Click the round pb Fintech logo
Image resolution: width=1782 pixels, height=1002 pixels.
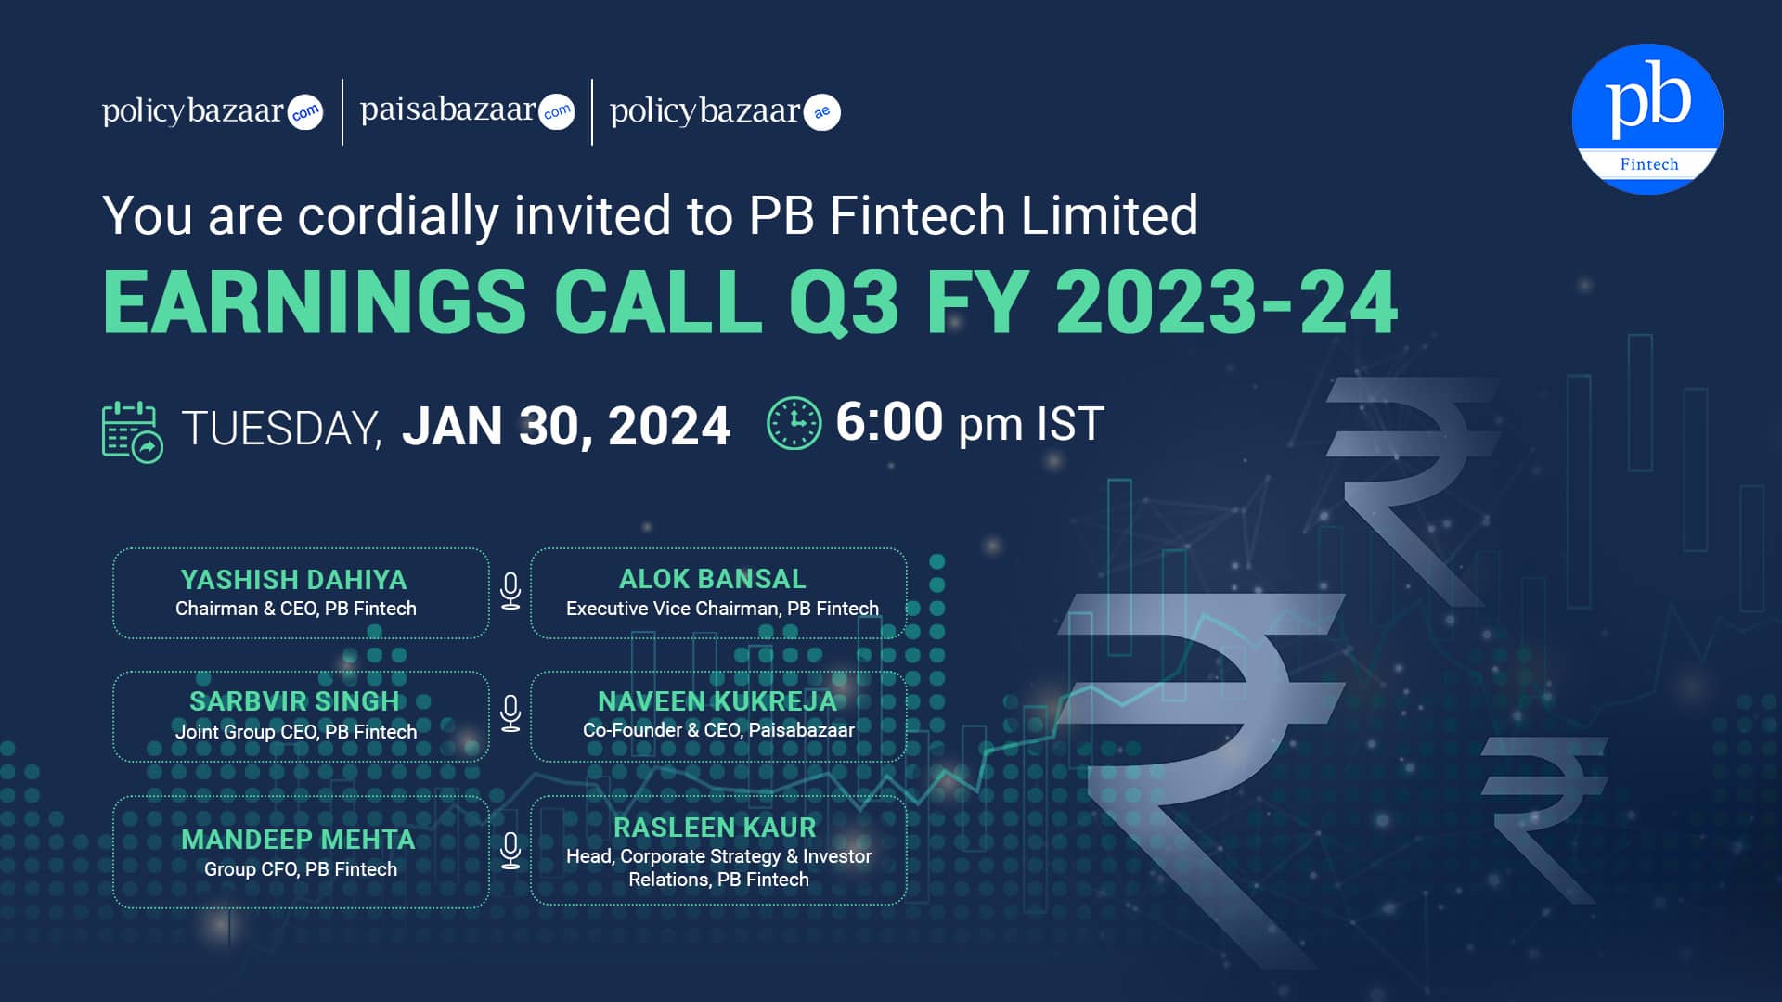point(1647,119)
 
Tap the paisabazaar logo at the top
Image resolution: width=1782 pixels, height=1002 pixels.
point(467,111)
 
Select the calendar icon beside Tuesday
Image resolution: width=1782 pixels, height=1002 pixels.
point(132,431)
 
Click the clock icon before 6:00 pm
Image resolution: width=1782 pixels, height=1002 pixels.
point(794,424)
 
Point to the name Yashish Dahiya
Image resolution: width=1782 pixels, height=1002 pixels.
point(294,580)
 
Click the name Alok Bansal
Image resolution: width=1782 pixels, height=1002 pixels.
point(713,579)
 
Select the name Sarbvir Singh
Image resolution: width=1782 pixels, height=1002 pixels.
point(294,701)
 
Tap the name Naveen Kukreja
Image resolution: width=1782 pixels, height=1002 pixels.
point(717,701)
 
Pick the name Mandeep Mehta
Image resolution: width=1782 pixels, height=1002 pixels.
point(298,840)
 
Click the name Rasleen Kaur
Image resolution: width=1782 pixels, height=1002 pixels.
point(715,828)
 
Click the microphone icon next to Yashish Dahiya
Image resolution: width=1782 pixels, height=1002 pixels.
point(510,591)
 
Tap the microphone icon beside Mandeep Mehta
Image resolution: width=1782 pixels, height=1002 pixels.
point(510,851)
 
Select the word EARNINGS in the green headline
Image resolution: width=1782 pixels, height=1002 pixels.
point(315,302)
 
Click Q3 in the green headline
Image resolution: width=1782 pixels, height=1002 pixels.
point(845,302)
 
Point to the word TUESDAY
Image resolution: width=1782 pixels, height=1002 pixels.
point(281,429)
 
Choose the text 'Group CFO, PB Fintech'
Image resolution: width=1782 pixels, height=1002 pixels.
point(301,869)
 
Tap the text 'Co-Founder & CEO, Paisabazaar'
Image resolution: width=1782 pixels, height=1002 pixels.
point(718,730)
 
